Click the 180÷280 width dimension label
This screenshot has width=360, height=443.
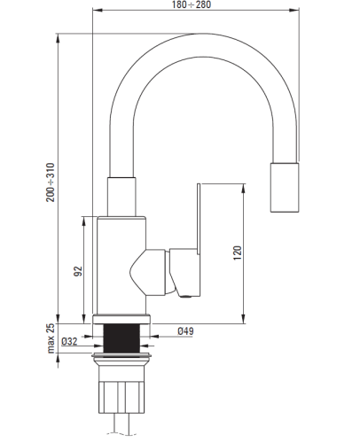tap(192, 4)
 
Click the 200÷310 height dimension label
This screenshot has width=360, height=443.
tap(51, 183)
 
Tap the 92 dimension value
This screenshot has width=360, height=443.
tap(78, 271)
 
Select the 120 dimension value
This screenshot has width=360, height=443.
tap(238, 253)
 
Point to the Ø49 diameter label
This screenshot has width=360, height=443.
tap(185, 331)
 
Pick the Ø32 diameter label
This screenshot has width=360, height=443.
tap(69, 341)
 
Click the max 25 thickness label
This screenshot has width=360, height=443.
tap(51, 338)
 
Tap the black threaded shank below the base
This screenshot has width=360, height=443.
tap(121, 338)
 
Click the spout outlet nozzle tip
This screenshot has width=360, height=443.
tap(285, 187)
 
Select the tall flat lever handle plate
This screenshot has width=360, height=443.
tap(199, 219)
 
